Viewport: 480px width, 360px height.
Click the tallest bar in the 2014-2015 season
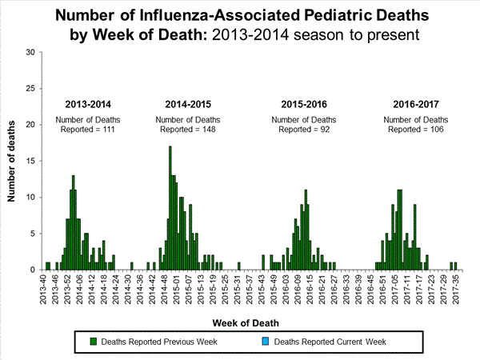tap(170, 208)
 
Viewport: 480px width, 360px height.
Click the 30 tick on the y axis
tap(31, 53)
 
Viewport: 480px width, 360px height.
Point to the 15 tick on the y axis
tap(31, 161)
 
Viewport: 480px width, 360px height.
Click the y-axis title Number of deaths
tap(14, 161)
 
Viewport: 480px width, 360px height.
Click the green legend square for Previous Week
tap(94, 342)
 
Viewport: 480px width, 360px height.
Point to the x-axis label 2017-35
tap(454, 286)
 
